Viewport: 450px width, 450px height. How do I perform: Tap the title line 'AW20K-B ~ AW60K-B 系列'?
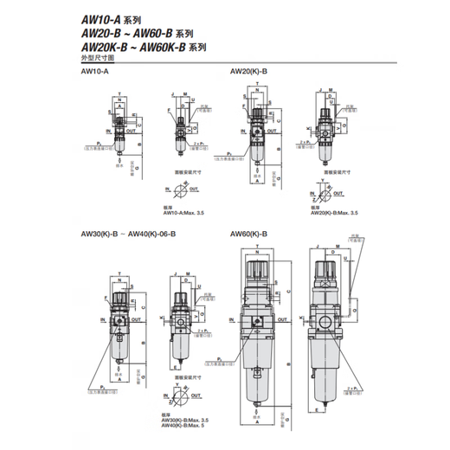(138, 48)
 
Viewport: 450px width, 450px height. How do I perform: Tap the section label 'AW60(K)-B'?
(249, 234)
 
